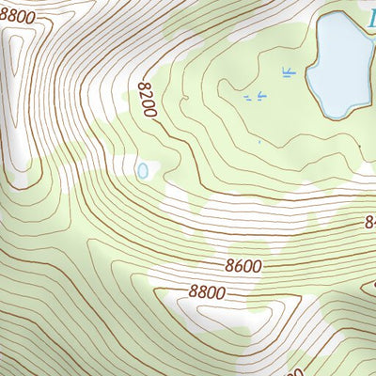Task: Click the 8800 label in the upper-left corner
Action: coord(19,16)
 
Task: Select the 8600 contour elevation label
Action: coord(243,266)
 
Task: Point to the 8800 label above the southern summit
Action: coord(206,292)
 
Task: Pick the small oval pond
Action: coord(143,171)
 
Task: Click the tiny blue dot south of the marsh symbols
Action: coord(259,142)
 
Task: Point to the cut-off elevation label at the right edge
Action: coord(370,223)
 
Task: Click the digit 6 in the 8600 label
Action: coord(237,266)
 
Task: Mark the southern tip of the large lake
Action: coord(334,117)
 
